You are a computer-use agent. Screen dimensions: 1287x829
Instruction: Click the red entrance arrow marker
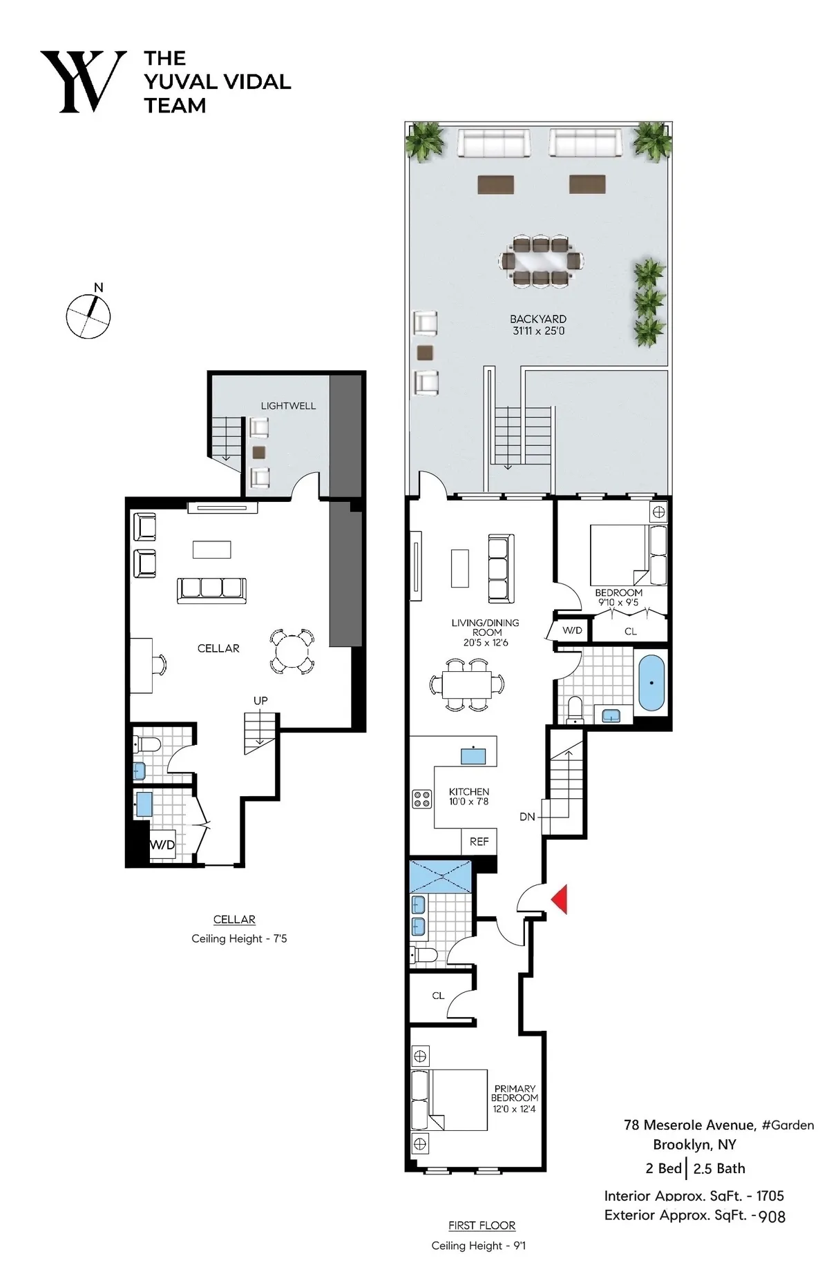(559, 899)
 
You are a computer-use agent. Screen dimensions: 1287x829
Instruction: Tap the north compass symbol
(88, 316)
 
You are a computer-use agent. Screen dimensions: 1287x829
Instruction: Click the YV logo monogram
(84, 81)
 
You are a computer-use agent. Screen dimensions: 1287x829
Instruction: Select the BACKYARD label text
(538, 319)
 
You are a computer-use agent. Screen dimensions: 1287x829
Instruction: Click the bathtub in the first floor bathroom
(651, 683)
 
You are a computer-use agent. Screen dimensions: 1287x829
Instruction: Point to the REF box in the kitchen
(479, 842)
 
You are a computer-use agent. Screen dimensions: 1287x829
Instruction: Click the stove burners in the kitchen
(421, 799)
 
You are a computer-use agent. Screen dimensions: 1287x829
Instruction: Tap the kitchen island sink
(473, 755)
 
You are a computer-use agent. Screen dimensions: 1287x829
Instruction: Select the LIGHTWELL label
(288, 406)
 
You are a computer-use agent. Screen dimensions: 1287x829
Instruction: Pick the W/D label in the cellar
(162, 844)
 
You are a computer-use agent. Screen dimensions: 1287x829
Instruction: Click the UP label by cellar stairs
(260, 700)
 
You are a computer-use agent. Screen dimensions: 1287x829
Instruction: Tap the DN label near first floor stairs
(527, 817)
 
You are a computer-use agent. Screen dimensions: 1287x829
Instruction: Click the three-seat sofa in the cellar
(211, 589)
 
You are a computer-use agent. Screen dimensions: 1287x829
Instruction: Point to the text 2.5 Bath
(719, 1168)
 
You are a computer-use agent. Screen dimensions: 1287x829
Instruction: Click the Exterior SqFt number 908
(772, 1216)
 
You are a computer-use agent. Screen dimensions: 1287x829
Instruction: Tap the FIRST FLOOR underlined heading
(482, 1225)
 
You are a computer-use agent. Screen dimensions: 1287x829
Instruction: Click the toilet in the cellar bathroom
(147, 744)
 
